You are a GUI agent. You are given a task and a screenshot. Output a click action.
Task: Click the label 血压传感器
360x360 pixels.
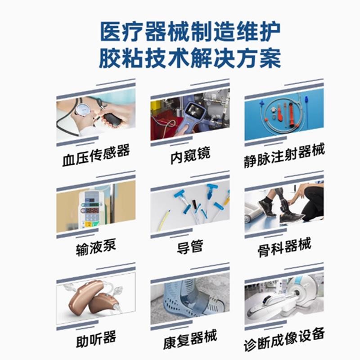point(96,155)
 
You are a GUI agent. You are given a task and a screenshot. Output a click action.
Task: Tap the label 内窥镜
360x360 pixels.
point(190,155)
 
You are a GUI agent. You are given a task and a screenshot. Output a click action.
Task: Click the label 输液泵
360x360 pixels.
point(96,247)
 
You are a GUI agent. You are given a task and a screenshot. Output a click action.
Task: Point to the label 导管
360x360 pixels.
point(190,247)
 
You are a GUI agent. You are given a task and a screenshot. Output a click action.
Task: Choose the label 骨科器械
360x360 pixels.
point(284,247)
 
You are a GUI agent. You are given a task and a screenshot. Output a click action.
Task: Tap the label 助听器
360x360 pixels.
point(96,339)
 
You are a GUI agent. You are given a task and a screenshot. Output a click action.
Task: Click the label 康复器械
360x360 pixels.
point(190,339)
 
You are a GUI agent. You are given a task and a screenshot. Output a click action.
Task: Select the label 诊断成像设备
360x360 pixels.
point(284,339)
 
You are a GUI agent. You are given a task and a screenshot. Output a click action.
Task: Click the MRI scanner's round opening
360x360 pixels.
point(297,293)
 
